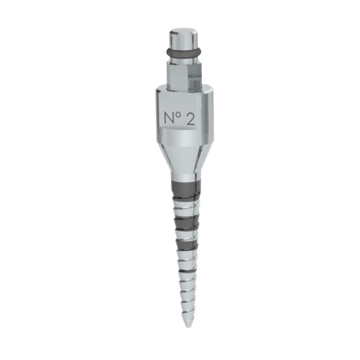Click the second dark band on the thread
[x=186, y=222]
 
